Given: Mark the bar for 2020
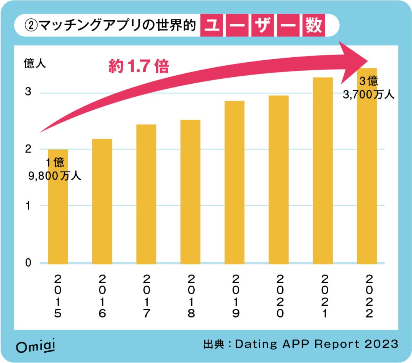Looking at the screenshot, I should (x=278, y=180).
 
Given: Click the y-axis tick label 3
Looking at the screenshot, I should (x=28, y=93).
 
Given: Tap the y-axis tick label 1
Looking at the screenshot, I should (x=28, y=206).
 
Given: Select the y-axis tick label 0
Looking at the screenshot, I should (x=28, y=263).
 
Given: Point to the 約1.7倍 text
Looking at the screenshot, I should (x=138, y=67).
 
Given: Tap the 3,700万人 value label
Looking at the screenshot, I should (x=368, y=95).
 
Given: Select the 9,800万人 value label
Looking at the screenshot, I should (x=55, y=176).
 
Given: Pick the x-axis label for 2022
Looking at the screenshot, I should (x=367, y=296).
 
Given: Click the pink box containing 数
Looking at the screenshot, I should (x=313, y=26).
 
